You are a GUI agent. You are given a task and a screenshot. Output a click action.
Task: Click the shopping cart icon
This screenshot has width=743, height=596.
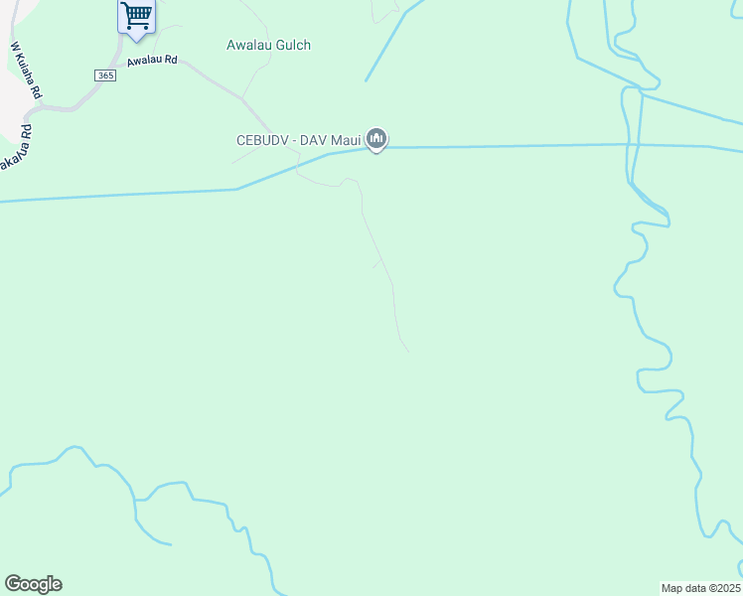coord(136,15)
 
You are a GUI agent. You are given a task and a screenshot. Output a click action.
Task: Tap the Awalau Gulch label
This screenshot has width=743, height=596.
coord(268,45)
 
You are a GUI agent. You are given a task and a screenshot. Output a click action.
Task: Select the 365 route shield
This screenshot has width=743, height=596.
coord(105,75)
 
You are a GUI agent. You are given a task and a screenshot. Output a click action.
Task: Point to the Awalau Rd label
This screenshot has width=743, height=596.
coord(151,61)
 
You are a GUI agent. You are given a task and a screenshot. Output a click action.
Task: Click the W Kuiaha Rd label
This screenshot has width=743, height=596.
coord(26,70)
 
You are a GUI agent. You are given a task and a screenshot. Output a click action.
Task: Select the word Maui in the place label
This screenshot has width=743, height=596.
coord(345,141)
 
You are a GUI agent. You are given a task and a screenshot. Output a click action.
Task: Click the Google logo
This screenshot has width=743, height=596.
coord(33,584)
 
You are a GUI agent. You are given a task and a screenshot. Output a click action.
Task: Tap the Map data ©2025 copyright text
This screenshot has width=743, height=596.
coord(700,588)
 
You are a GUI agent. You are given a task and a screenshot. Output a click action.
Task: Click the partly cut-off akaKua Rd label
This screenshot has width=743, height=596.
coord(13,148)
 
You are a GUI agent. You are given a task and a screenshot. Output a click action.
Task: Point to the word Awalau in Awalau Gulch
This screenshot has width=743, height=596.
coord(247,45)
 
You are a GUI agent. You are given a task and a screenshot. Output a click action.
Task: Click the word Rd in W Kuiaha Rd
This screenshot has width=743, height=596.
coord(36,90)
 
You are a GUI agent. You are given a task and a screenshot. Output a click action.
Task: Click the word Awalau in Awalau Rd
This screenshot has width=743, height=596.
coord(144,62)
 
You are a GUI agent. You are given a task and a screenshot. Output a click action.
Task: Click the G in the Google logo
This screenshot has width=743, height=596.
coord(13,584)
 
